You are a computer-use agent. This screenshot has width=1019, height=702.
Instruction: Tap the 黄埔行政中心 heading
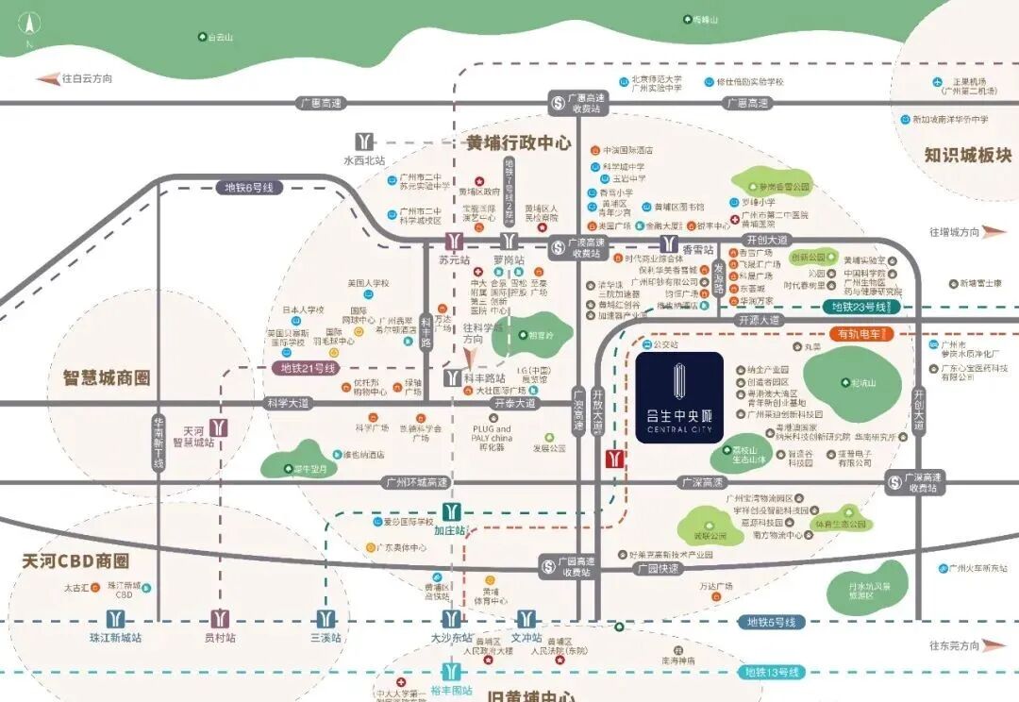tap(519, 143)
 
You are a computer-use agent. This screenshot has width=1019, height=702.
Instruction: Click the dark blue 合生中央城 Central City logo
tap(679, 397)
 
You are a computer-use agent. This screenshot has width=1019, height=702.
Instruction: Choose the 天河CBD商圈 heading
tap(75, 561)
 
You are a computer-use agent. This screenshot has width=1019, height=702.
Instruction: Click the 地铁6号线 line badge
tap(249, 188)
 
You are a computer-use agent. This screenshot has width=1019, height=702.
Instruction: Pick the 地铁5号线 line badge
tap(771, 622)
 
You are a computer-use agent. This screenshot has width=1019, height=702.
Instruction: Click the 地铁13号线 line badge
tap(771, 672)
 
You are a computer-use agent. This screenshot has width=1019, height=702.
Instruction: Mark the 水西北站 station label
tap(364, 160)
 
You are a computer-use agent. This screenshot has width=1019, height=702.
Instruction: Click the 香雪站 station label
tap(698, 249)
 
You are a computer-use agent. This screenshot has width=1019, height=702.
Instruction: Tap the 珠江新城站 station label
tap(115, 638)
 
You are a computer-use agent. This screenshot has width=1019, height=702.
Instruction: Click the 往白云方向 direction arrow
tap(47, 79)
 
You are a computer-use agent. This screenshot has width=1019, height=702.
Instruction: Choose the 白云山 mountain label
tap(221, 37)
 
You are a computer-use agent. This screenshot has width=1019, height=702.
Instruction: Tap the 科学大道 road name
tap(288, 403)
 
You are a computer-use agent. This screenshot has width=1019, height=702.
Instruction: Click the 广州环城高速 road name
tap(416, 482)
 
